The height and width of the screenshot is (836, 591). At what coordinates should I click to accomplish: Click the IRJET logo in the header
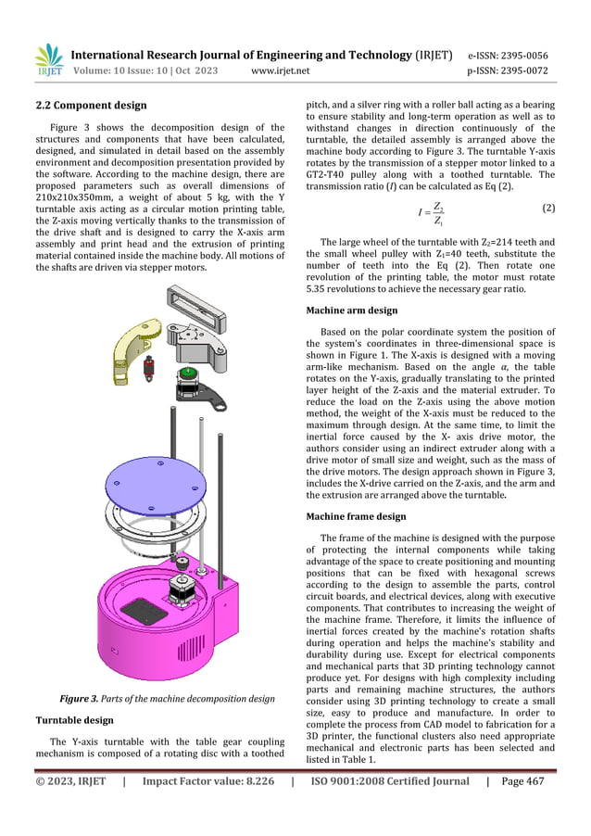point(48,60)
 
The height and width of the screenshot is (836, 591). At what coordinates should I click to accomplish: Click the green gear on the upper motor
point(188,373)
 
